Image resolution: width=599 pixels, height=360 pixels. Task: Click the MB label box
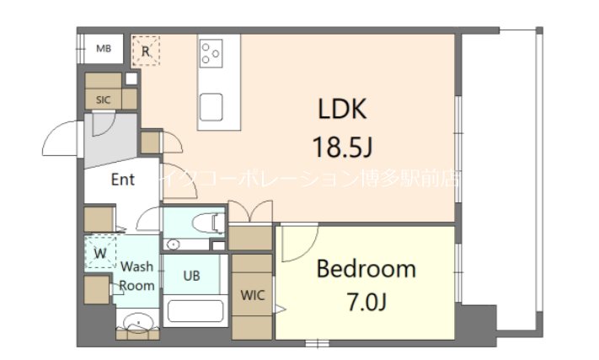103,49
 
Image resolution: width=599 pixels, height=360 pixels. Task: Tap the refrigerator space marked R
146,51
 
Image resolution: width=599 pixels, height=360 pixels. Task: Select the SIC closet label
103,99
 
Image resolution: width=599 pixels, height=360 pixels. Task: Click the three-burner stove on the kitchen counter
211,53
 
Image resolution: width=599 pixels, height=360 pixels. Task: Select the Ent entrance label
122,180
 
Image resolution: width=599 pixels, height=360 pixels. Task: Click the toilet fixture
206,223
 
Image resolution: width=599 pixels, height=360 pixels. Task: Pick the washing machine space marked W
100,252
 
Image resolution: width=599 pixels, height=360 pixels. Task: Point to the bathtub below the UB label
195,310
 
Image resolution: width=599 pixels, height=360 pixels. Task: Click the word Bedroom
366,269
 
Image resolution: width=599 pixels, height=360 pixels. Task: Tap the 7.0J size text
366,300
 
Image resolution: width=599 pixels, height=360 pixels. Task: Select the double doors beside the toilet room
250,213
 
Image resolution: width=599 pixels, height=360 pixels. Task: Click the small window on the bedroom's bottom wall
318,342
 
